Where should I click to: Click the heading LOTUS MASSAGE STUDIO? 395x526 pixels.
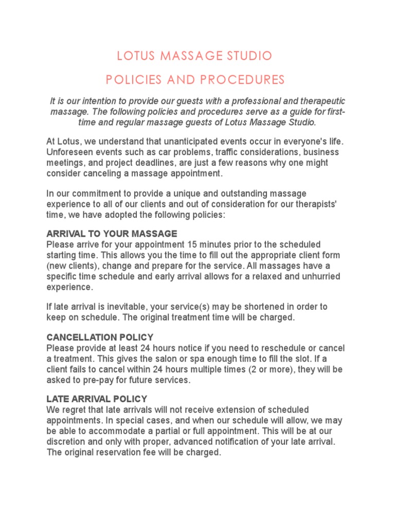[194, 55]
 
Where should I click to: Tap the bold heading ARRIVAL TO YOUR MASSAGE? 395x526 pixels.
[112, 234]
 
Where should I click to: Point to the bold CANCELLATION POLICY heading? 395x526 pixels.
[100, 337]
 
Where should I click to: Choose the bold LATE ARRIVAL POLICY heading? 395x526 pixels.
[97, 399]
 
